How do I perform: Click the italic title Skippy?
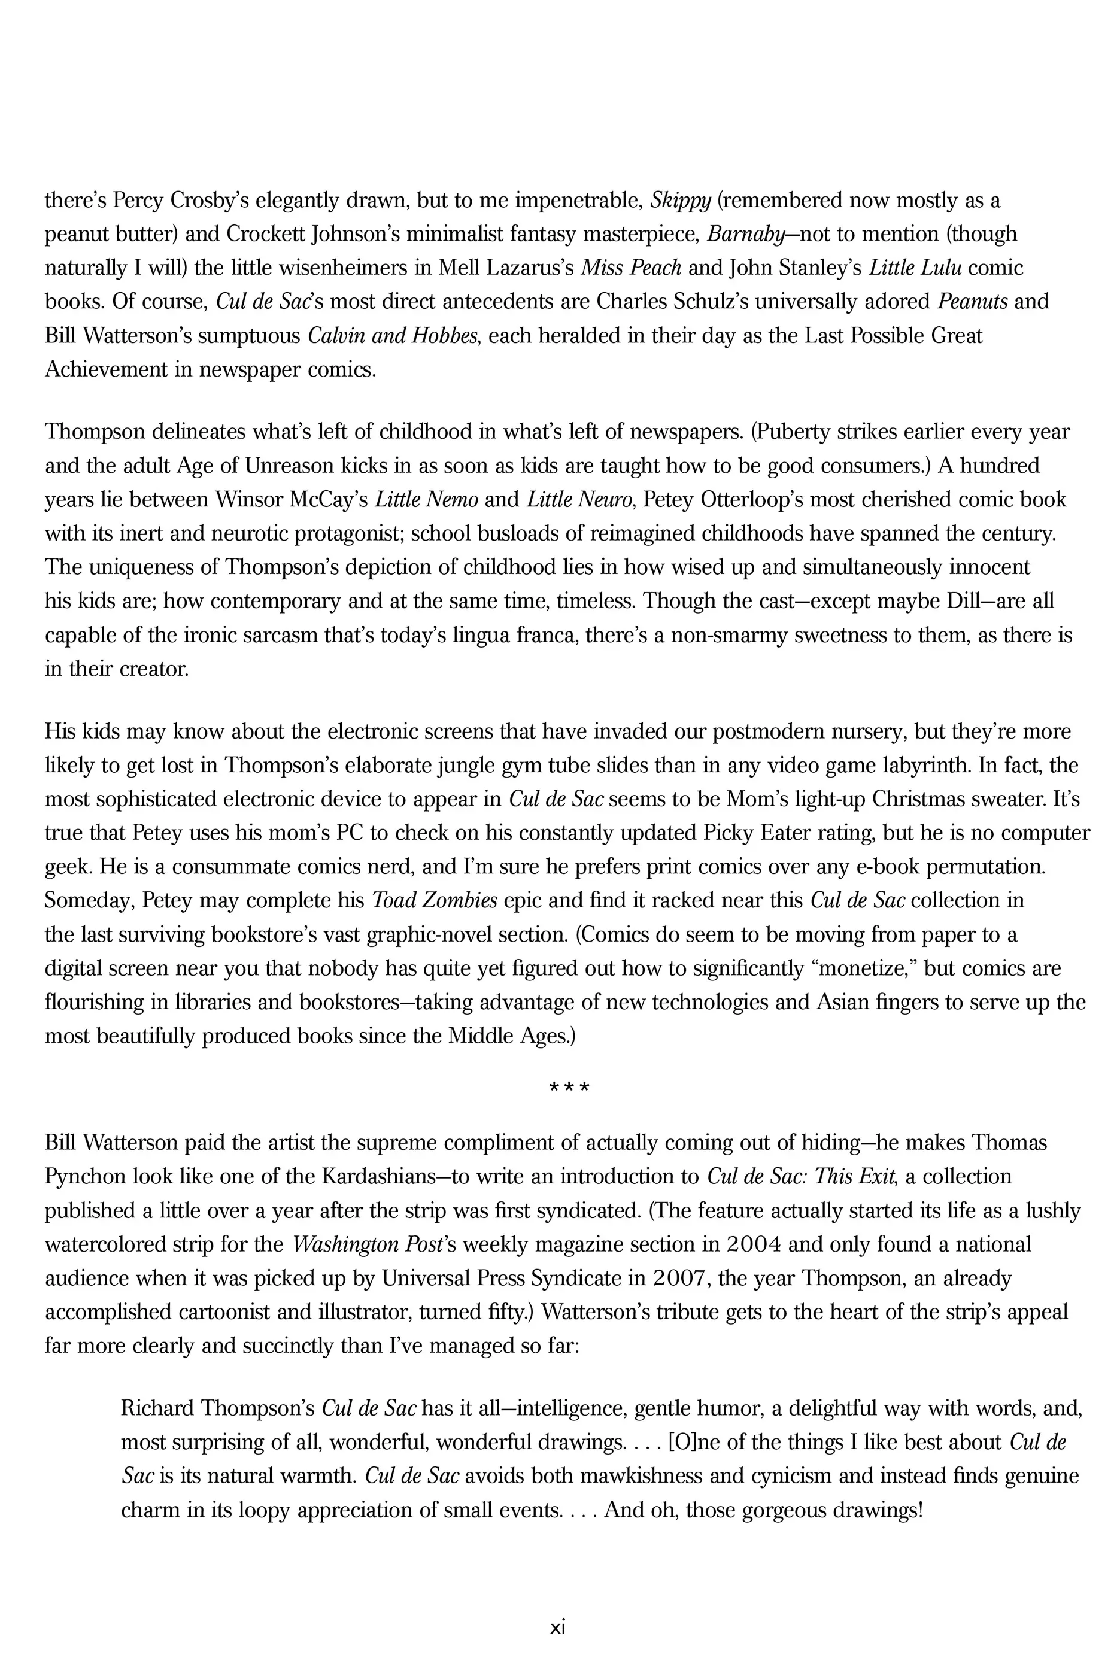(x=680, y=202)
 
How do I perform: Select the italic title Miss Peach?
(x=631, y=269)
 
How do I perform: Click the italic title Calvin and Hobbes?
(x=392, y=336)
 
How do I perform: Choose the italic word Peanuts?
(x=972, y=302)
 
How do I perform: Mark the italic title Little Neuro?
(x=579, y=500)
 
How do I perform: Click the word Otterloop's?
(x=742, y=500)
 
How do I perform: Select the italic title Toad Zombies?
(x=435, y=901)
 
